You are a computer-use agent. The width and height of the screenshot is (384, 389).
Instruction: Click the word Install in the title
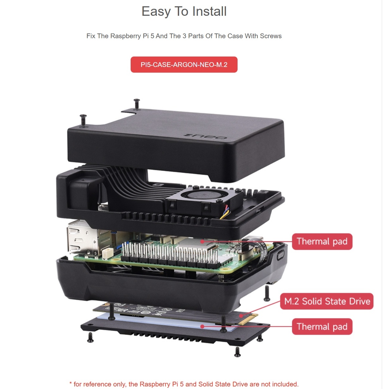pyautogui.click(x=209, y=11)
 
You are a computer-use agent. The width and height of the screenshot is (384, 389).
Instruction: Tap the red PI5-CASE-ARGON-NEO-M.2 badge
pyautogui.click(x=184, y=64)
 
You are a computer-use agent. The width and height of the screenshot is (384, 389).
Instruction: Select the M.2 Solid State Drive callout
pyautogui.click(x=327, y=301)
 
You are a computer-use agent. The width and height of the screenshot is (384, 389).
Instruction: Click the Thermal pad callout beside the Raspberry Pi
pyautogui.click(x=322, y=241)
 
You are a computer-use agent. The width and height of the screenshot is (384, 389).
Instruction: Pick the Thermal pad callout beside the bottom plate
pyautogui.click(x=322, y=326)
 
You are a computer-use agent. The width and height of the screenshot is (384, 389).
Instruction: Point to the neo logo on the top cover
pyautogui.click(x=206, y=137)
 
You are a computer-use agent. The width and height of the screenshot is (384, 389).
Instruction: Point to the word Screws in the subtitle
pyautogui.click(x=271, y=36)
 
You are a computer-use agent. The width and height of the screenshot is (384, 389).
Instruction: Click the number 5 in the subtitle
pyautogui.click(x=152, y=36)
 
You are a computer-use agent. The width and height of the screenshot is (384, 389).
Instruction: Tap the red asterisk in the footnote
pyautogui.click(x=71, y=383)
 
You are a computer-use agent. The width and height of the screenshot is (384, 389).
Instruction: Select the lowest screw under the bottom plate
pyautogui.click(x=237, y=352)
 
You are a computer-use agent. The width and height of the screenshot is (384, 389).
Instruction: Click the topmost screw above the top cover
pyautogui.click(x=137, y=104)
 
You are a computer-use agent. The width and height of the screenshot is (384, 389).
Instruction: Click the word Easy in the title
pyautogui.click(x=156, y=12)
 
